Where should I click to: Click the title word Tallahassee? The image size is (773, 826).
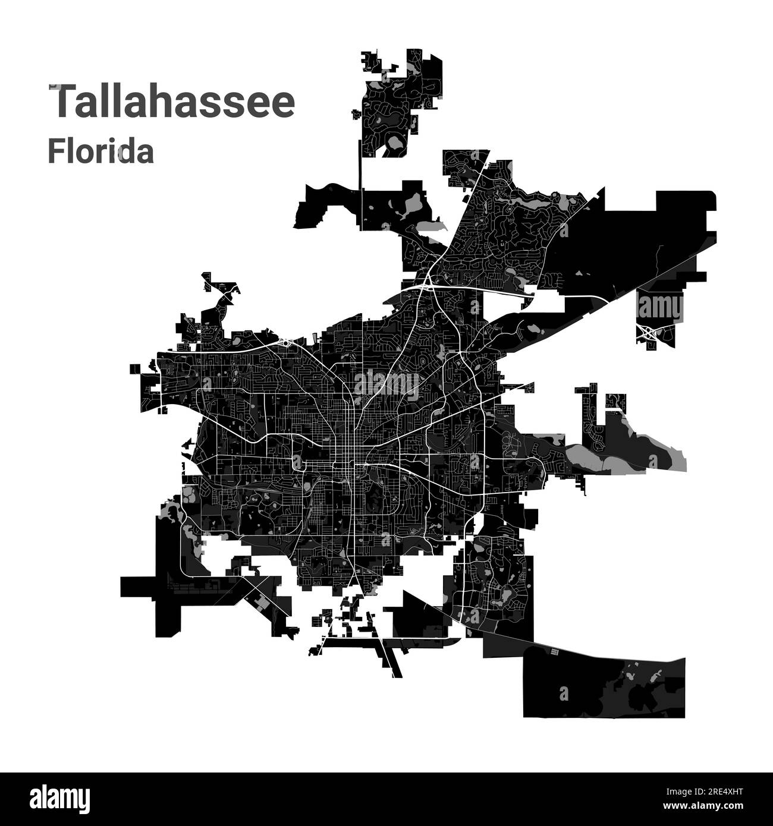(x=171, y=102)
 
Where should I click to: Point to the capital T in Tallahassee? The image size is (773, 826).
(x=62, y=102)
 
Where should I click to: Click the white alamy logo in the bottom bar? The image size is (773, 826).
(x=53, y=797)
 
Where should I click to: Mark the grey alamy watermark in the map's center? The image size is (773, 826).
(x=386, y=383)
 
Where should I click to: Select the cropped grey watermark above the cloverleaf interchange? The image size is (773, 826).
(x=660, y=308)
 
